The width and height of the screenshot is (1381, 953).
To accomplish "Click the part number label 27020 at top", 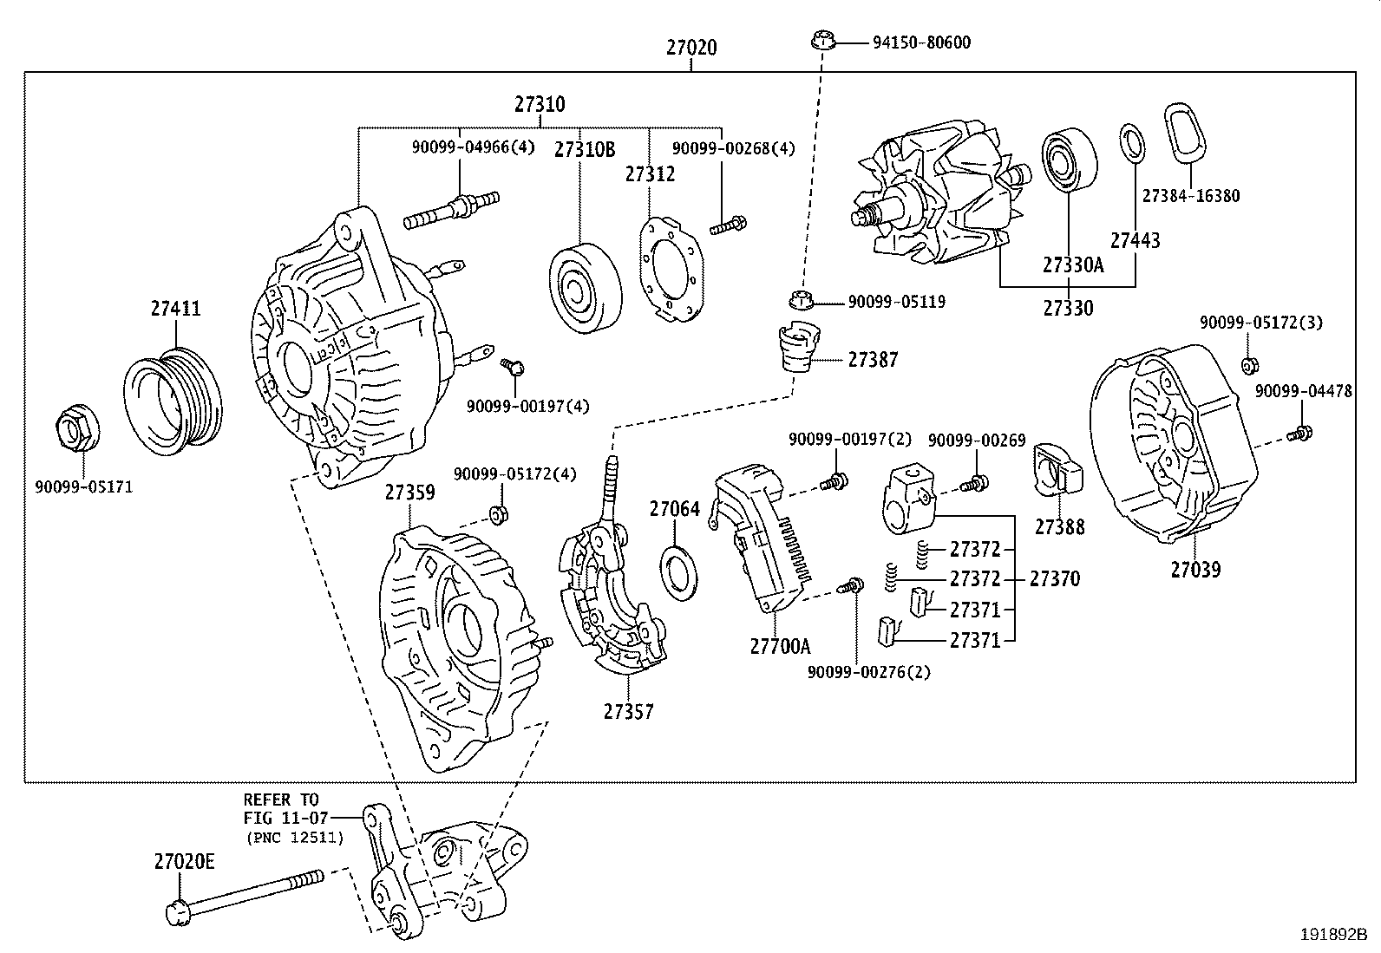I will [x=691, y=48].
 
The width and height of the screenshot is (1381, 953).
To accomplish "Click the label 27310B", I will [x=585, y=150].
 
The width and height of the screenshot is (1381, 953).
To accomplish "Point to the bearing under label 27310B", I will [x=586, y=288].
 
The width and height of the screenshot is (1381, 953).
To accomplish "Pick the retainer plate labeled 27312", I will [x=670, y=264].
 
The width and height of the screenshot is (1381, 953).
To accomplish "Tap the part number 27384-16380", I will [x=1190, y=196].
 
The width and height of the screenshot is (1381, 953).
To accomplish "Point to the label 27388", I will [x=1059, y=527].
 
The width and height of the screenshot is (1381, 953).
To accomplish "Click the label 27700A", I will [x=780, y=646].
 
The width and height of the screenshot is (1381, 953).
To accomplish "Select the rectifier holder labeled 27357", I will [x=612, y=607].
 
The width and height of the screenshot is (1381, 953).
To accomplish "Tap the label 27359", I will [x=409, y=493].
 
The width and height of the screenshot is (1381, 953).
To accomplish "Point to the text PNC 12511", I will [x=295, y=838].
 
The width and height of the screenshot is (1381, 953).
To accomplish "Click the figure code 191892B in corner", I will [x=1332, y=936].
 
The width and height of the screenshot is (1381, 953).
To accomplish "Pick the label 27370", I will [x=1054, y=578].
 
